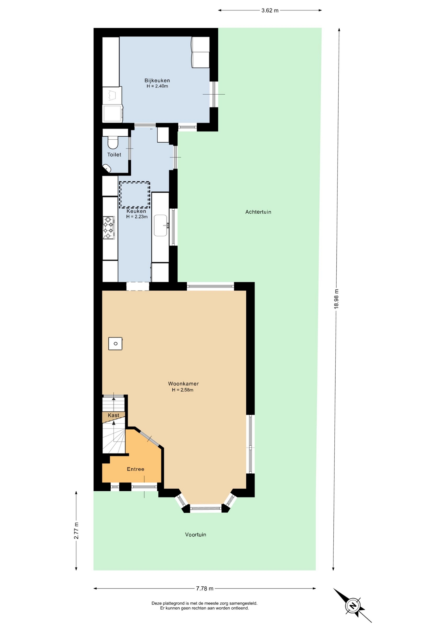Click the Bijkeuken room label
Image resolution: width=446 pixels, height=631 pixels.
[157, 81]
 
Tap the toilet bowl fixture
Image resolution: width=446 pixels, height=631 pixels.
[113, 143]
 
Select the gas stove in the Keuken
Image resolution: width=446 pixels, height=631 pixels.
[109, 227]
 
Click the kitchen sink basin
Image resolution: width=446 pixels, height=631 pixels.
[161, 225]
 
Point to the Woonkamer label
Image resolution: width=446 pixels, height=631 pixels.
[183, 384]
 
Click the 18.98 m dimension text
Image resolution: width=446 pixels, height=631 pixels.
[336, 299]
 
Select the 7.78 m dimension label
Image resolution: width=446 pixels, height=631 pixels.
[205, 588]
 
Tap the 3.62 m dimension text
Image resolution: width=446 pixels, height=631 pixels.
[270, 11]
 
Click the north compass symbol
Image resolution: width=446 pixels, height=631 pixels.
[353, 606]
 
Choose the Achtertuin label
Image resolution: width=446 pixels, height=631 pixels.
[258, 212]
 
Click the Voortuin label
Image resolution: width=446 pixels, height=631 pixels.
[195, 535]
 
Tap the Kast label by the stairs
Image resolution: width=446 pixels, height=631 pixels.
[113, 415]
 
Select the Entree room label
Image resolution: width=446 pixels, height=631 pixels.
[135, 469]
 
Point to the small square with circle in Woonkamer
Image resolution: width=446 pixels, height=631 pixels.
[115, 344]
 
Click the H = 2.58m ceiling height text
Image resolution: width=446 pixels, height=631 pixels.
[183, 390]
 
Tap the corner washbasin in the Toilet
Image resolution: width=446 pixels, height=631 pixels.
[107, 168]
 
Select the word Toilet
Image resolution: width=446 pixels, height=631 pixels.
[114, 155]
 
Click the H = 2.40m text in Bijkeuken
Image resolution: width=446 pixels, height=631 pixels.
[157, 86]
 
